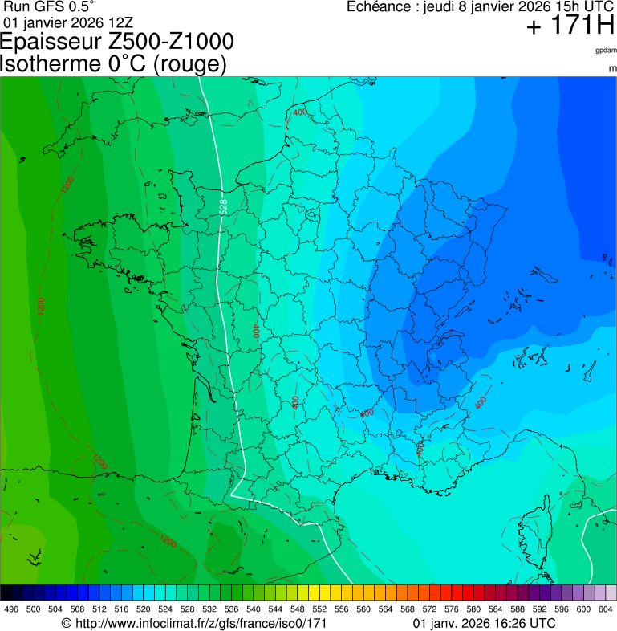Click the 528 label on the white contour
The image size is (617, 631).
point(223,206)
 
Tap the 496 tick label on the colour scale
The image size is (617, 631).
point(11,609)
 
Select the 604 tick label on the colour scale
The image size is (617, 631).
point(605,609)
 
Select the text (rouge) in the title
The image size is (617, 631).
point(189,64)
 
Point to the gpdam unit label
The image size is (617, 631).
point(606,51)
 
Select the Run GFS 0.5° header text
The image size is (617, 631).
point(49,6)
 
